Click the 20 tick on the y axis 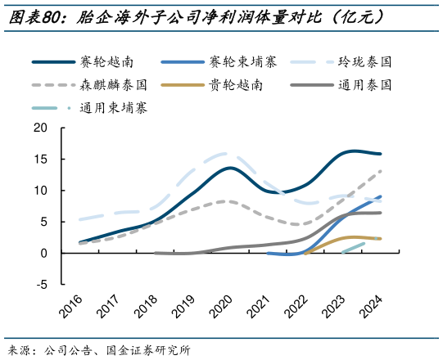pos(42,128)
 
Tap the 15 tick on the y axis pos(42,159)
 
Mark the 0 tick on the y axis pos(45,254)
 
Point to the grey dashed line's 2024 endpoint pos(381,171)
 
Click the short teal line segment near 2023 pos(353,248)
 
